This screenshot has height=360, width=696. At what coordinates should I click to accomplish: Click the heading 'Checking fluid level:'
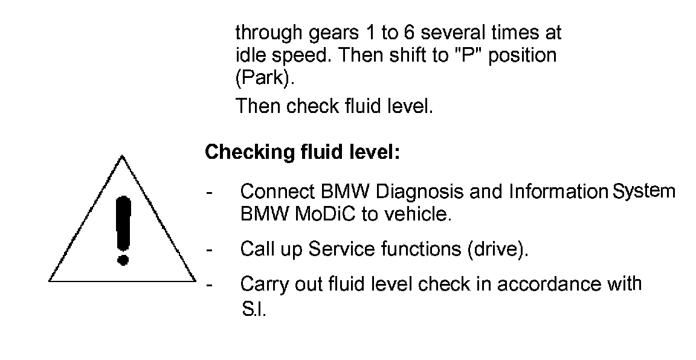coord(303,152)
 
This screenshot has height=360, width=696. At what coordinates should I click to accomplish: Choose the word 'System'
coord(643,191)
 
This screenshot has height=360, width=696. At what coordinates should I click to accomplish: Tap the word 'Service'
coord(343,249)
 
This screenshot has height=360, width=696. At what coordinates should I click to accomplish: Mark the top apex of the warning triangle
coord(123,156)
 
